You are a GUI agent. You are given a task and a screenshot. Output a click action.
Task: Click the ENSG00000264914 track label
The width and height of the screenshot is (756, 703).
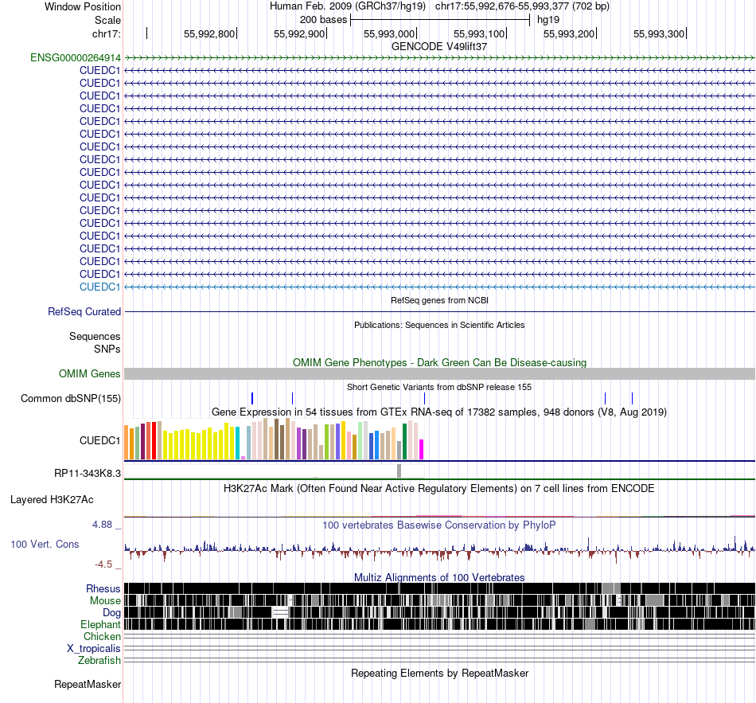(x=76, y=57)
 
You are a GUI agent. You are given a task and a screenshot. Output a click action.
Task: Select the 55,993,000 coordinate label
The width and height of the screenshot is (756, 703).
(x=389, y=33)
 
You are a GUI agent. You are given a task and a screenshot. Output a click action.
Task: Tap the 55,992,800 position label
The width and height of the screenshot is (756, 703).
(x=209, y=33)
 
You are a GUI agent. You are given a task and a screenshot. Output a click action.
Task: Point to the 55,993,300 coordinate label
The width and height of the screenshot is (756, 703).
(x=659, y=33)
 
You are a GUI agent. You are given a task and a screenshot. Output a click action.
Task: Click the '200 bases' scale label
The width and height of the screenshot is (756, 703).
(x=323, y=20)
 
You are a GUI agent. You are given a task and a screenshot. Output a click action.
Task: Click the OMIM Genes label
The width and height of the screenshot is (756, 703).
(x=90, y=373)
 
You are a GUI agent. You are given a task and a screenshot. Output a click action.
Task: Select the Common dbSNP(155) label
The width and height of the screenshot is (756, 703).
(x=71, y=398)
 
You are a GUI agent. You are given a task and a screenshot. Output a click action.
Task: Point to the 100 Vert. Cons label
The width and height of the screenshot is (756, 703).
(x=45, y=545)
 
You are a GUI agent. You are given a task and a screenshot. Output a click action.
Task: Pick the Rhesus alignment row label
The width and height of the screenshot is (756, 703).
(x=103, y=588)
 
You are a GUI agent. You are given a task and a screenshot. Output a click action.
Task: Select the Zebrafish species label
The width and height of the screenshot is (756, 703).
(x=99, y=660)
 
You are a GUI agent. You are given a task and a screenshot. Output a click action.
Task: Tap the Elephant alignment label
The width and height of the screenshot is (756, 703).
(x=100, y=624)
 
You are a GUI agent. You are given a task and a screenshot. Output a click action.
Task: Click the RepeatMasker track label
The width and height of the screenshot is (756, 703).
(x=88, y=684)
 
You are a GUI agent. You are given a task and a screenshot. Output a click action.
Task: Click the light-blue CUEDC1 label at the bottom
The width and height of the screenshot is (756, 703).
(x=99, y=287)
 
